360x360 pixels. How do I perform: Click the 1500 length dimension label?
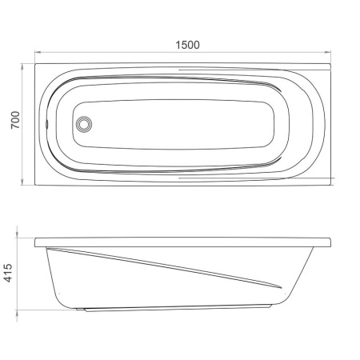click(187, 45)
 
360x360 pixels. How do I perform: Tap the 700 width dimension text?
click(15, 120)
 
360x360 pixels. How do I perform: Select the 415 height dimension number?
click(8, 273)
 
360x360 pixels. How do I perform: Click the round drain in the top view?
click(84, 124)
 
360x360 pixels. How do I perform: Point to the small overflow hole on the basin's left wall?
click(47, 123)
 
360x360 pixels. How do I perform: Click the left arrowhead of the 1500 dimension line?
click(38, 52)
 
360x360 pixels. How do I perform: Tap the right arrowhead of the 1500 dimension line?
click(328, 52)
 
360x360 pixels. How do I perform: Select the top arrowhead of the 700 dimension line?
click(22, 66)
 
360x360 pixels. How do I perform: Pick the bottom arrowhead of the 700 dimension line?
click(22, 182)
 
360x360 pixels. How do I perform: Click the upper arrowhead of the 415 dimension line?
click(17, 234)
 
